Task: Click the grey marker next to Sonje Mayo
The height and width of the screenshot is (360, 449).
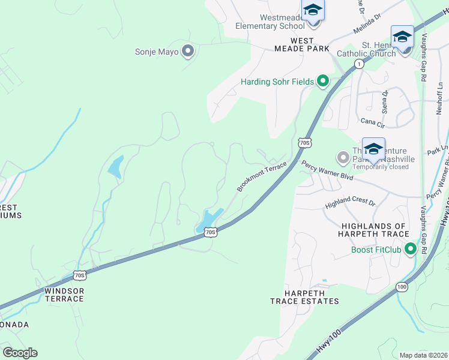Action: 188,52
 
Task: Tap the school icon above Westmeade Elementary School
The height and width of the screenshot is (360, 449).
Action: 313,11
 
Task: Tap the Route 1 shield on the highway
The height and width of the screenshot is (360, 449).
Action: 358,64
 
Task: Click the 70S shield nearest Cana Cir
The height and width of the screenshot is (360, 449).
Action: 304,142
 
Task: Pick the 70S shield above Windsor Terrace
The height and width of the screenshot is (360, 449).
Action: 80,275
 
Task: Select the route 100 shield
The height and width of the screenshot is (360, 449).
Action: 401,288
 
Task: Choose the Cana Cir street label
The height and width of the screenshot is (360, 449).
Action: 372,122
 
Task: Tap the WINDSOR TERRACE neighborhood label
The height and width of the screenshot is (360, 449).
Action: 64,295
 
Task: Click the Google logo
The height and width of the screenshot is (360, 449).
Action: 20,353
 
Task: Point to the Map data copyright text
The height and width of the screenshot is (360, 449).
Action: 423,355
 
